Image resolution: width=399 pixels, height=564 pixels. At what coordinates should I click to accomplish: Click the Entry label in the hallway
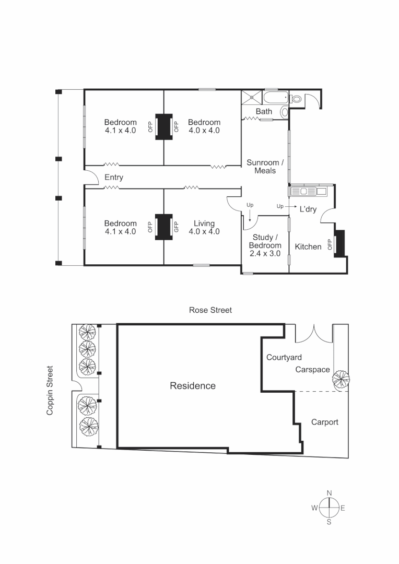[114, 178]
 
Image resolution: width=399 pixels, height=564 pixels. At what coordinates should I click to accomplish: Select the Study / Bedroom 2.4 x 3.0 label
[265, 245]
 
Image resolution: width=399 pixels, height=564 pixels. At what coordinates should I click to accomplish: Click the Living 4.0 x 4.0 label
[204, 227]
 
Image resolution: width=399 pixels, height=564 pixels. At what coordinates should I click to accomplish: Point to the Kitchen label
[308, 246]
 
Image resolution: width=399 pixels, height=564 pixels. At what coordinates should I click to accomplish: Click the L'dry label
[308, 209]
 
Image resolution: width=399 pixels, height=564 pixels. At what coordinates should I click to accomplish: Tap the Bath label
[264, 112]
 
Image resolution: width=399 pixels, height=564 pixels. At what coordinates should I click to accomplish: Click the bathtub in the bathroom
[275, 98]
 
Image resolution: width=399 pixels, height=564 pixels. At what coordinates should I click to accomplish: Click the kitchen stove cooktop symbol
[308, 191]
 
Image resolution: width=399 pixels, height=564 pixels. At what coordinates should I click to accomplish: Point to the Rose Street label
[210, 310]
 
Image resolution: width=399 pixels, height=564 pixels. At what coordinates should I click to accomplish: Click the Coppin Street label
[50, 390]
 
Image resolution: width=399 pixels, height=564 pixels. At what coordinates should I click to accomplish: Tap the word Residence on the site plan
[193, 386]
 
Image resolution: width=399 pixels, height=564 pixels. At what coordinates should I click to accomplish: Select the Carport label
[325, 422]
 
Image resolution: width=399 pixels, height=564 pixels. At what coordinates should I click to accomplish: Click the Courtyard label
[284, 358]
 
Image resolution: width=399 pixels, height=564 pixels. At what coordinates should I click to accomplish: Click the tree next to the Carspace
[341, 380]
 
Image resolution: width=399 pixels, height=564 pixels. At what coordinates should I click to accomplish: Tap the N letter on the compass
[329, 493]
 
